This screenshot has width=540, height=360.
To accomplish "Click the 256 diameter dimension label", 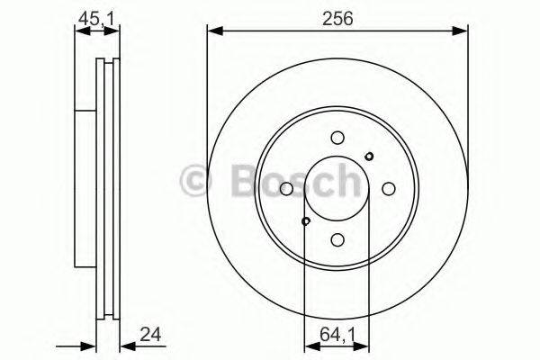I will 337,16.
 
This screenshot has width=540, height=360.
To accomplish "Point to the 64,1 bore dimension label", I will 337,338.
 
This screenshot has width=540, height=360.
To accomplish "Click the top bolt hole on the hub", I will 337,138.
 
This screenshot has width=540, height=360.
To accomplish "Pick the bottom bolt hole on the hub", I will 337,240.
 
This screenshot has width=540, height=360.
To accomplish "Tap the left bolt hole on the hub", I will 286,189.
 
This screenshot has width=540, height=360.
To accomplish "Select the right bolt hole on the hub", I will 389,189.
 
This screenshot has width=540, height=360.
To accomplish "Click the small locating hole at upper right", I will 369,157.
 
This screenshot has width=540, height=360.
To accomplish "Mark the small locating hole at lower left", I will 305,221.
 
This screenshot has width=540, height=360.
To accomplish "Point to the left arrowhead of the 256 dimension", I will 213,31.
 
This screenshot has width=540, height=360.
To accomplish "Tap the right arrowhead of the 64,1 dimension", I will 364,345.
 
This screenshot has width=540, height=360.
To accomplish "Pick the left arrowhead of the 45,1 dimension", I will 78,31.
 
